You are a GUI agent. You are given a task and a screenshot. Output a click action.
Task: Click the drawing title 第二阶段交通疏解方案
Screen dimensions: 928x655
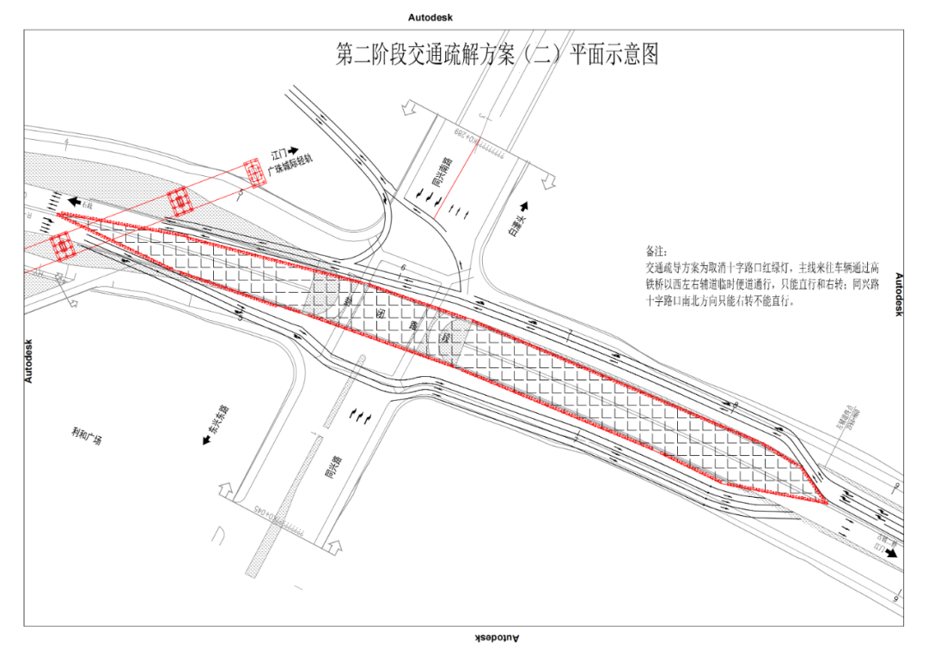point(497,55)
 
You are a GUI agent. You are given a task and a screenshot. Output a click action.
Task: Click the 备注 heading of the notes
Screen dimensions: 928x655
point(656,252)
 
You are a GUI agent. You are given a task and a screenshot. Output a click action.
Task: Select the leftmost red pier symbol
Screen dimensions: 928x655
point(62,245)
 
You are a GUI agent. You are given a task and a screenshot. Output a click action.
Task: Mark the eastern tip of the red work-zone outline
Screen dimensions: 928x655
point(827,503)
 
